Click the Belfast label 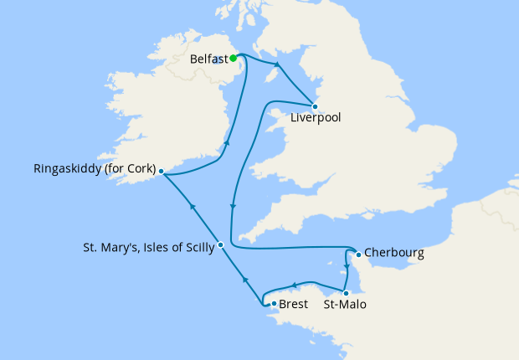point(209,59)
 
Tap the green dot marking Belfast point(234,59)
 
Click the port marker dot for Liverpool point(315,106)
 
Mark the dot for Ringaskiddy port point(161,172)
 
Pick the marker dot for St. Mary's point(220,245)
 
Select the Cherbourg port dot point(358,254)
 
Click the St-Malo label point(345,305)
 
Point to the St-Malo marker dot point(346,292)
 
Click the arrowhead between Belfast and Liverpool point(277,64)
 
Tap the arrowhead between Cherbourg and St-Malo point(347,268)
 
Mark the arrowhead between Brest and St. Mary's point(244,280)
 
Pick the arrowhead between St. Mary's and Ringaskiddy point(192,208)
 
